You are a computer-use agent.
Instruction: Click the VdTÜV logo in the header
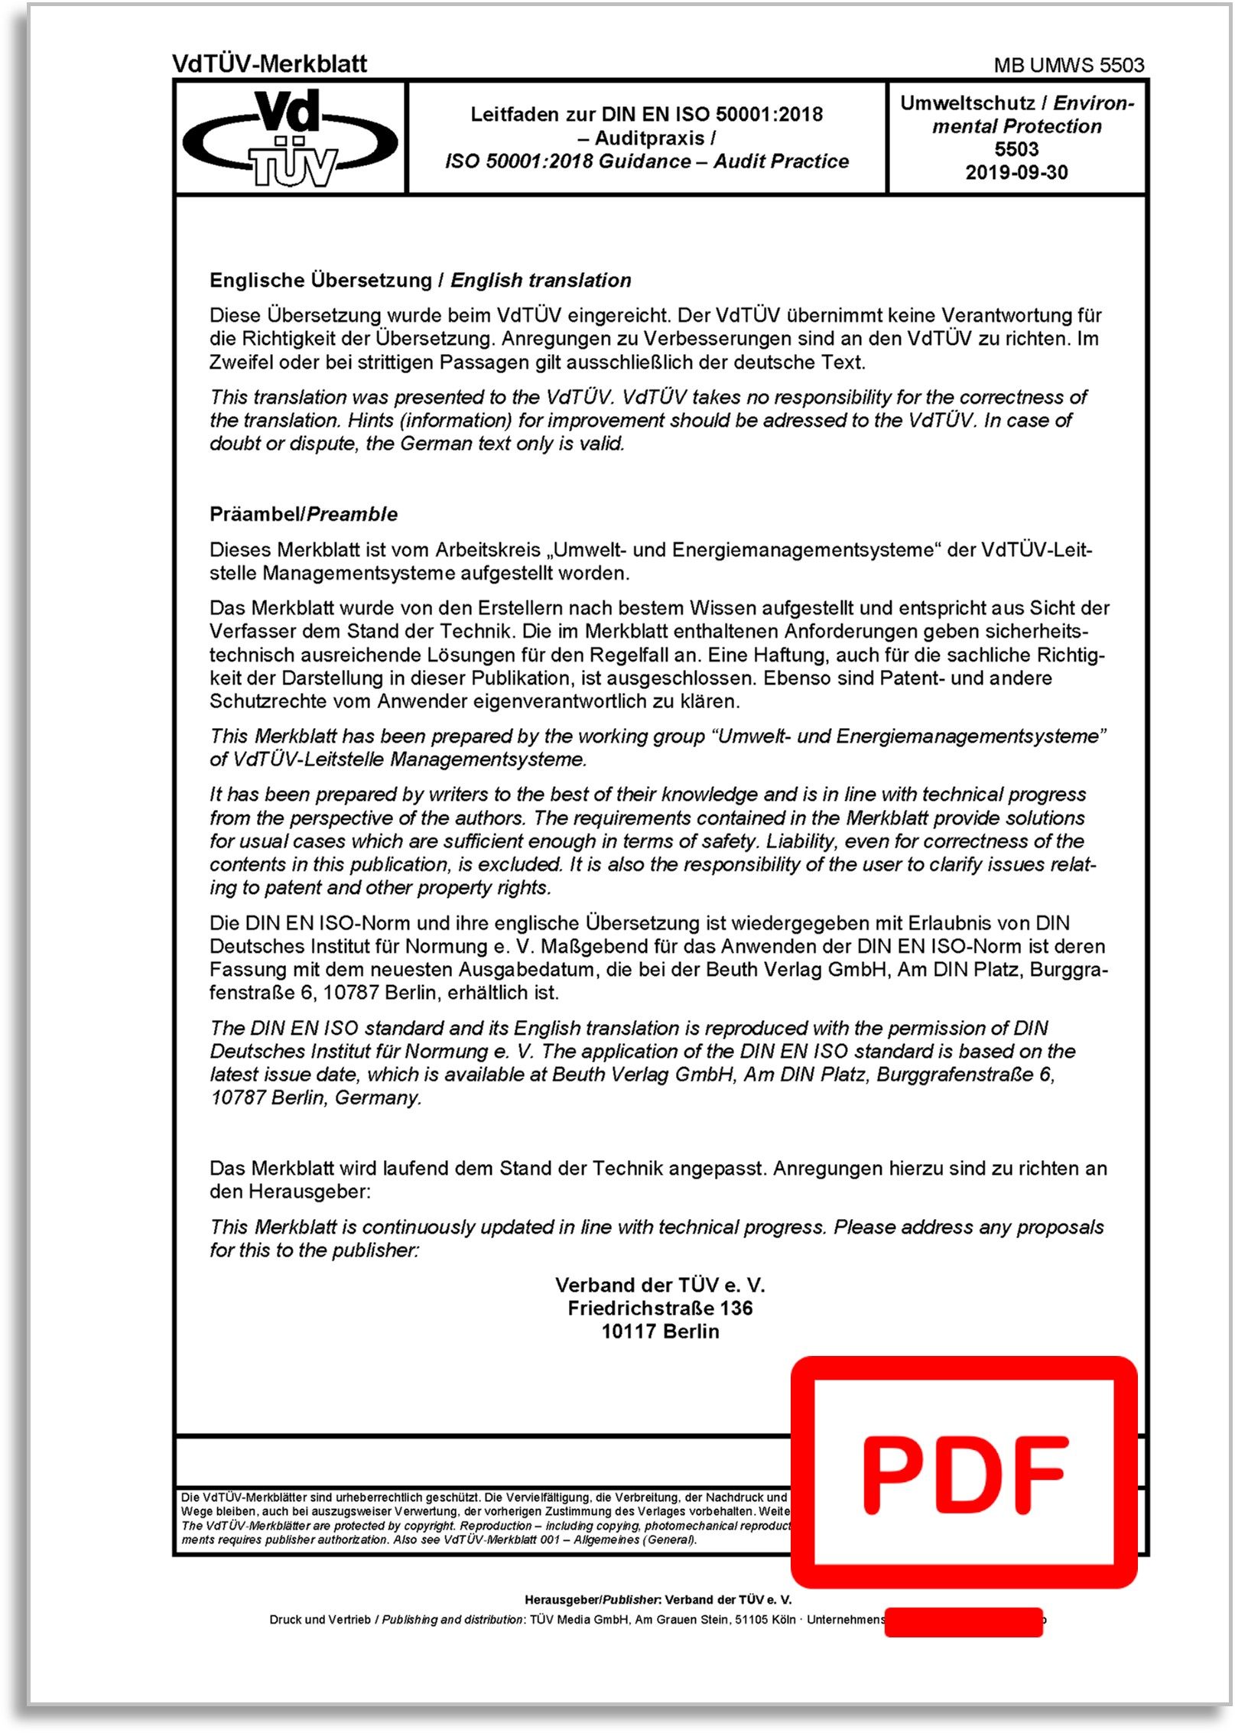(291, 138)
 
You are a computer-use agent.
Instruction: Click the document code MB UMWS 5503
(1068, 66)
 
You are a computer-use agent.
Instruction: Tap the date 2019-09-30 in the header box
(1016, 173)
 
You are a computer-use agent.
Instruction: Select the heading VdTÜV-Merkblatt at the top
(270, 64)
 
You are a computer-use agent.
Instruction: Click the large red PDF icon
(964, 1473)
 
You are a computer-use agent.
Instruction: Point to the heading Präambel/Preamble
(304, 514)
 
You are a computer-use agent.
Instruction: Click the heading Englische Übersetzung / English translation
(420, 281)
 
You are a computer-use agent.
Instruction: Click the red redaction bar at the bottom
(964, 1622)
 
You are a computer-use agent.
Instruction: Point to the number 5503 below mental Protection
(1016, 150)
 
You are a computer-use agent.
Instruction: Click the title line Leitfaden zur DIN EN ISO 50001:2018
(646, 115)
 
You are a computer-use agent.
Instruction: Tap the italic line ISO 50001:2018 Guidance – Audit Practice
(647, 161)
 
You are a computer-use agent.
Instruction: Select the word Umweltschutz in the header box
(967, 103)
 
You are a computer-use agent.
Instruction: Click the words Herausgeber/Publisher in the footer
(592, 1600)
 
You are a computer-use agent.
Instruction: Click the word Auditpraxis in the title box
(650, 138)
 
